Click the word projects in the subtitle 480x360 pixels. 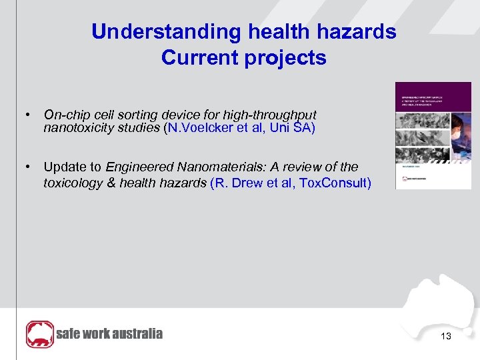click(x=285, y=58)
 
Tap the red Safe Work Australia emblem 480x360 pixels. click(x=39, y=334)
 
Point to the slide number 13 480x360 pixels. click(x=446, y=337)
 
